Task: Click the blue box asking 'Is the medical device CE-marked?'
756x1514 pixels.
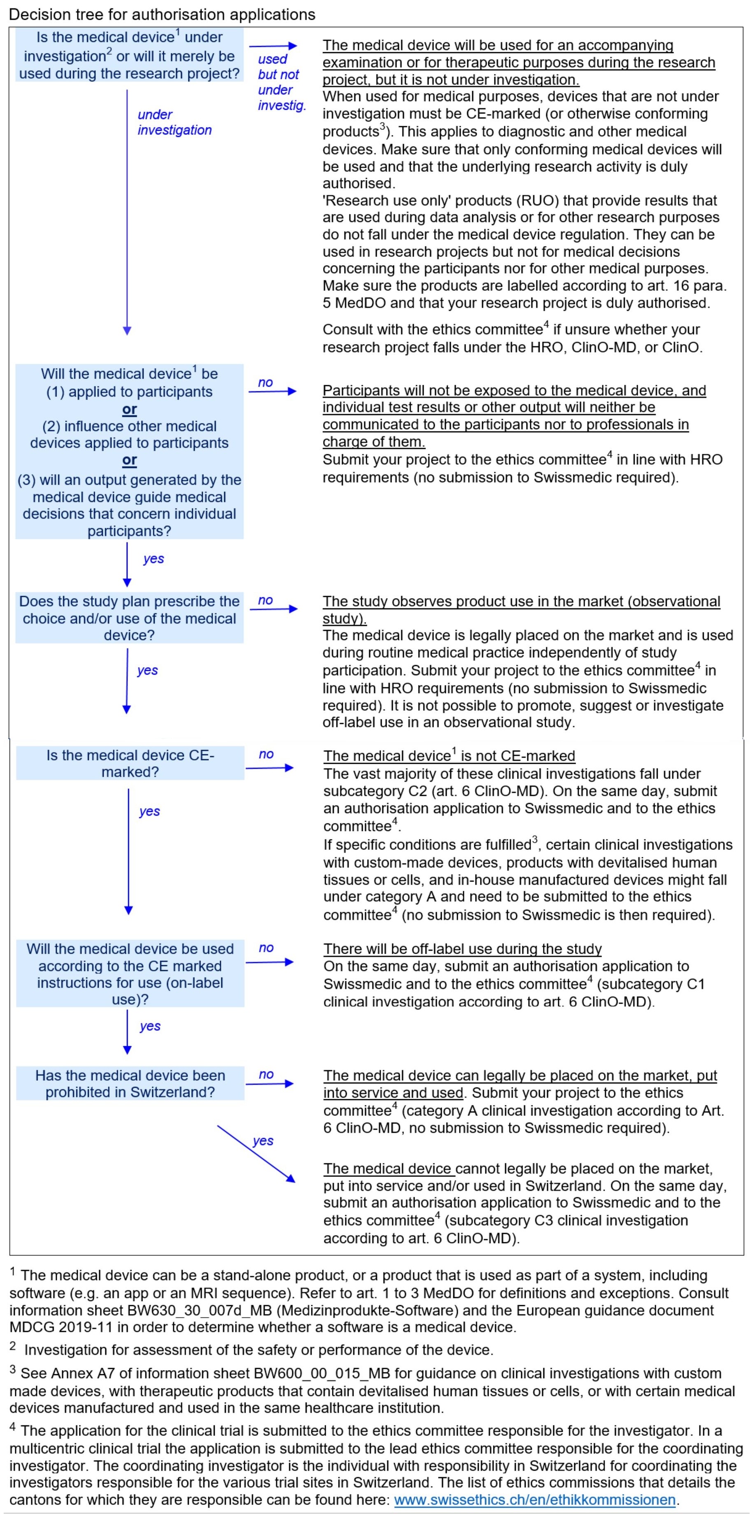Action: [x=130, y=763]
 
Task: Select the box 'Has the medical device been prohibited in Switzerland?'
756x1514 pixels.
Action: [x=130, y=1083]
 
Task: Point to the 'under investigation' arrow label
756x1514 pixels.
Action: [x=174, y=122]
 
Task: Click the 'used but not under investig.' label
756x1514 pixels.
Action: [x=281, y=82]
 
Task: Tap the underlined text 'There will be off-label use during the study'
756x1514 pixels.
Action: [x=462, y=949]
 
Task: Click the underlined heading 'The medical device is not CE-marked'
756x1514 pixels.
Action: [x=449, y=756]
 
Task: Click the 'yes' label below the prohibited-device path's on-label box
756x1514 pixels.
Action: [x=150, y=1026]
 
